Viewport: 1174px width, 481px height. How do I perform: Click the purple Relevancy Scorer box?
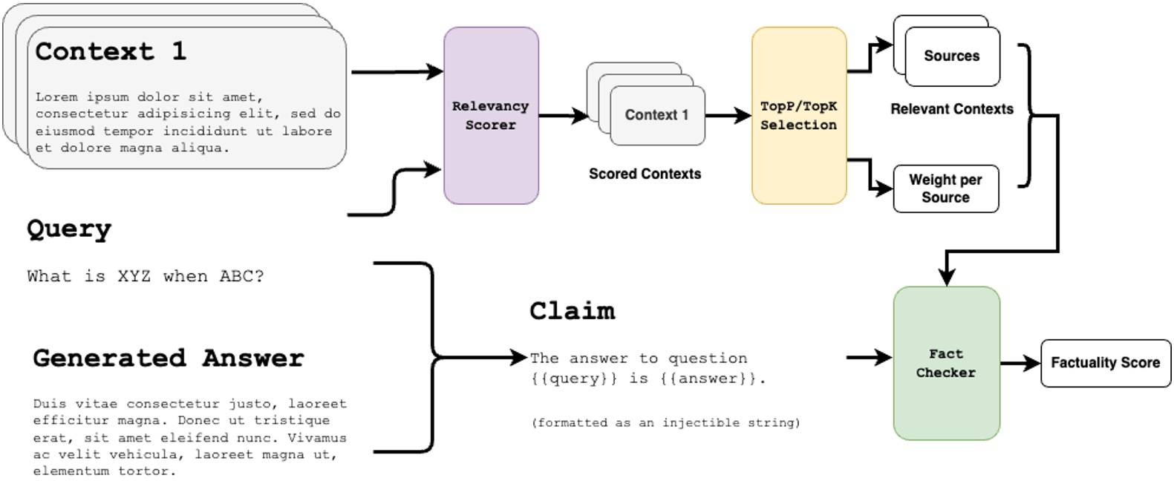(491, 116)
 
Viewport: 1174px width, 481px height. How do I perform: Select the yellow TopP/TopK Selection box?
(798, 116)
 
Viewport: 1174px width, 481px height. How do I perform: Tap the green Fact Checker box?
(945, 363)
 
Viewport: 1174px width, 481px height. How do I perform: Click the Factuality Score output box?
(1105, 363)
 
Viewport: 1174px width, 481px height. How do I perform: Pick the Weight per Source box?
(945, 189)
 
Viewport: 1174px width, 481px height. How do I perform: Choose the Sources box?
(951, 56)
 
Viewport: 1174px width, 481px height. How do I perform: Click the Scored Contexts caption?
(645, 174)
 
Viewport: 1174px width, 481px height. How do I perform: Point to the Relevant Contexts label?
(951, 109)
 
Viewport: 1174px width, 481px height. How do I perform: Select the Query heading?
(69, 229)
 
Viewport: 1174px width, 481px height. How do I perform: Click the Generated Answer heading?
(169, 359)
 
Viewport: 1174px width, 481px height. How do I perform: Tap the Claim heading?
(572, 311)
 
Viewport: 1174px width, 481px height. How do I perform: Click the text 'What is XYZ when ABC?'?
(146, 276)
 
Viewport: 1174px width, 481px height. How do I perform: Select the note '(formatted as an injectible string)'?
(665, 423)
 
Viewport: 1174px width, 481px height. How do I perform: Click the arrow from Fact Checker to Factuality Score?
(1020, 363)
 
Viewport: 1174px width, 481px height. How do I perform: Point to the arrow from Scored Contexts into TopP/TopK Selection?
(728, 116)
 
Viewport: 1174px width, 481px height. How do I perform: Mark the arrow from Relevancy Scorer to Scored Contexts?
(563, 116)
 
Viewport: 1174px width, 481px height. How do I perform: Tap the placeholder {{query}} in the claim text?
(574, 379)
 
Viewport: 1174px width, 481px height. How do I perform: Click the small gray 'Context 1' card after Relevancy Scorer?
(656, 116)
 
